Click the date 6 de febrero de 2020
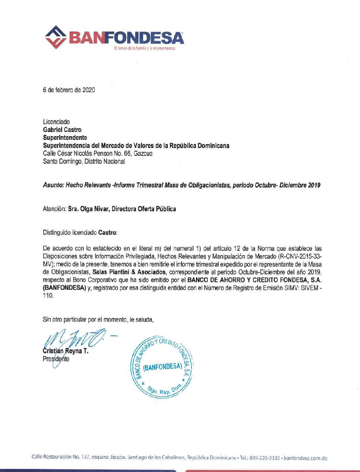point(69,90)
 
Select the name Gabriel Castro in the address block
point(62,130)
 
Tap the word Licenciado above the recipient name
point(56,122)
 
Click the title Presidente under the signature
point(56,359)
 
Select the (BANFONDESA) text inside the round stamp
point(162,367)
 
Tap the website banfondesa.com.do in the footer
point(306,458)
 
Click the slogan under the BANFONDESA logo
point(145,48)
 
